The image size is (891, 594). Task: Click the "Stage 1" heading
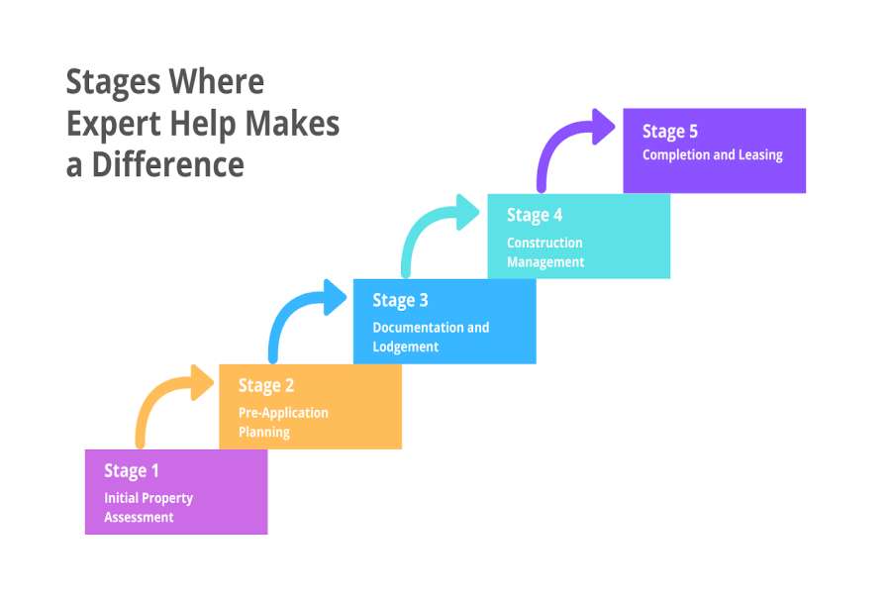pyautogui.click(x=132, y=471)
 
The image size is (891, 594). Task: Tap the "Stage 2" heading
pyautogui.click(x=266, y=386)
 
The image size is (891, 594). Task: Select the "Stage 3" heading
pyautogui.click(x=400, y=301)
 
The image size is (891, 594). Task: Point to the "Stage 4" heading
pyautogui.click(x=535, y=216)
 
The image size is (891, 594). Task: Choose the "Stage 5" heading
pyautogui.click(x=670, y=132)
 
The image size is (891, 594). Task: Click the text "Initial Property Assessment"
pyautogui.click(x=148, y=508)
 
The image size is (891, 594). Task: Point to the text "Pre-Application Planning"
pyautogui.click(x=283, y=423)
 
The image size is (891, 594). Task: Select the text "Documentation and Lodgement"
pyautogui.click(x=431, y=338)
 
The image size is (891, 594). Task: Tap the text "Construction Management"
pyautogui.click(x=545, y=252)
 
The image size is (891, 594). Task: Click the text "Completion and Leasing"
pyautogui.click(x=712, y=155)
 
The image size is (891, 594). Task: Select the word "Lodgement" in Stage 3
pyautogui.click(x=406, y=347)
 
